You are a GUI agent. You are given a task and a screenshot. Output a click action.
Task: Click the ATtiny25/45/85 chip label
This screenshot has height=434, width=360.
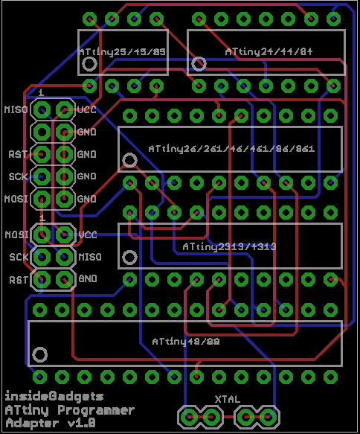click(x=123, y=52)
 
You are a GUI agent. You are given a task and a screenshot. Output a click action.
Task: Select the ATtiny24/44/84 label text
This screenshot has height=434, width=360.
click(x=269, y=51)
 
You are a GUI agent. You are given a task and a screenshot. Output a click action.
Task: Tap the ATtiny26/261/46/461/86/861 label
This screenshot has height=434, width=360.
click(x=231, y=148)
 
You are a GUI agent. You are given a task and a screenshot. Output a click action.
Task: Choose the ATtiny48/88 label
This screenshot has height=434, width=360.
click(x=185, y=342)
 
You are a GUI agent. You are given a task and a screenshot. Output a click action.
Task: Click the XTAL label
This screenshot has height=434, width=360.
click(x=228, y=399)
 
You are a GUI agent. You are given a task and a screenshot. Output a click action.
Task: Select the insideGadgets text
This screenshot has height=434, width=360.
click(x=54, y=396)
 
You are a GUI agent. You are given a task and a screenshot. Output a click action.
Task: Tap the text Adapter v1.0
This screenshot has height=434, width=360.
click(x=51, y=422)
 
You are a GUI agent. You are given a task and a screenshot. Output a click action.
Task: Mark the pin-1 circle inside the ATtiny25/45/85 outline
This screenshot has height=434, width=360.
click(x=90, y=64)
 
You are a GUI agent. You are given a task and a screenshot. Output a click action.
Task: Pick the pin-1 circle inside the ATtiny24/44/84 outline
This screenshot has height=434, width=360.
click(x=199, y=64)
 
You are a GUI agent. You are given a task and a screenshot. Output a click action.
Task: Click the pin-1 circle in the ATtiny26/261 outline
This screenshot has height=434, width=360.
click(x=130, y=160)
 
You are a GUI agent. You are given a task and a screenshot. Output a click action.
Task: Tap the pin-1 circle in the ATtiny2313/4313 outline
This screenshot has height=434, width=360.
click(x=130, y=258)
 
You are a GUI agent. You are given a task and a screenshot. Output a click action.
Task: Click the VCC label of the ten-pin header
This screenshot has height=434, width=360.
click(x=86, y=110)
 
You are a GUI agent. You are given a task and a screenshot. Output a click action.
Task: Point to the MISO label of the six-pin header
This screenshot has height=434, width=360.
click(x=89, y=257)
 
